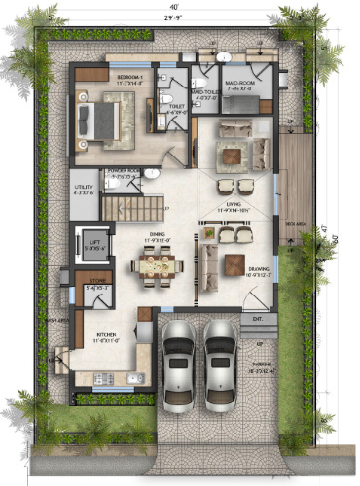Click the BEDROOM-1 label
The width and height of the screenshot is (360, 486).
129,77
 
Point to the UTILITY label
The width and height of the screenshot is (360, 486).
85,191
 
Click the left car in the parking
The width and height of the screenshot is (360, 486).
179,363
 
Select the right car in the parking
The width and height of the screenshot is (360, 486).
220,363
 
